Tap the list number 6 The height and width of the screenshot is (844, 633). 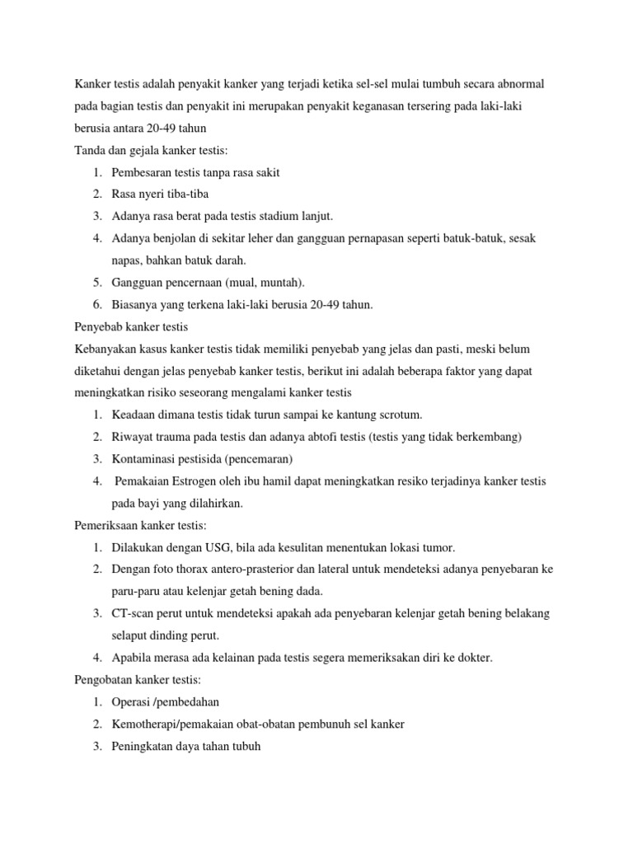click(96, 304)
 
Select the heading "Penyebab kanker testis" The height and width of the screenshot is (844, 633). click(132, 326)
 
